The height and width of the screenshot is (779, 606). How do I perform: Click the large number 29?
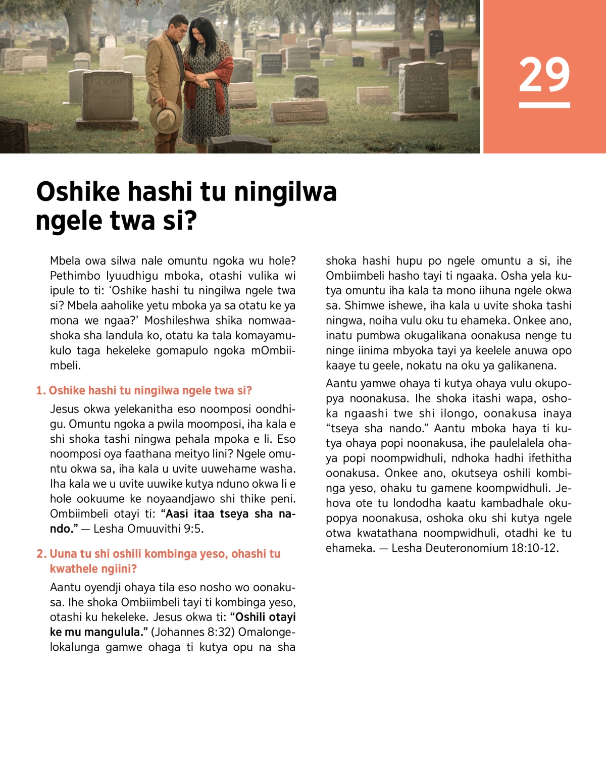pos(544,75)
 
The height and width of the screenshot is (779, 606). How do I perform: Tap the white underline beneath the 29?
pos(544,105)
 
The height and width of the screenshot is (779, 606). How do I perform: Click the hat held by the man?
pos(166,116)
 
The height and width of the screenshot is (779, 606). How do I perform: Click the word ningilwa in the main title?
pos(285,192)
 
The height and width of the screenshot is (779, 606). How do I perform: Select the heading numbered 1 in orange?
pos(144,390)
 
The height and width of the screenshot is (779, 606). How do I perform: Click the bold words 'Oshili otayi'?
pos(266,617)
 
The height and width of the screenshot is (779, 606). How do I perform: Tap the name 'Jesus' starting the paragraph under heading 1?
pos(65,409)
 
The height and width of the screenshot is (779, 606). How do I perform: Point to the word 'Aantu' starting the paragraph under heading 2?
pos(65,588)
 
